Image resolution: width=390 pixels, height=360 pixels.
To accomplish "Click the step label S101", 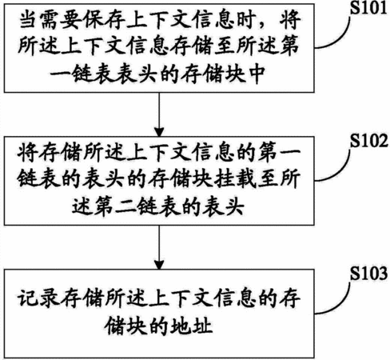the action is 368,8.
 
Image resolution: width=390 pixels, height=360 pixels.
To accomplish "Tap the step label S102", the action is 369,141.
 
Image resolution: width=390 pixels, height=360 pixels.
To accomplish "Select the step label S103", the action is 369,273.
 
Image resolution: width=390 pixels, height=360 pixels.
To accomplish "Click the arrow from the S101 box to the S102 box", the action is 159,114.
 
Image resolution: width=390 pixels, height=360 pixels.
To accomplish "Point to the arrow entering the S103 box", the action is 159,247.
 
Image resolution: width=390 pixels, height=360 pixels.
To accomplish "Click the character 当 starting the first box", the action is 28,20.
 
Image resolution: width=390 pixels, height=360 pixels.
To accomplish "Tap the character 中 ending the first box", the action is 257,74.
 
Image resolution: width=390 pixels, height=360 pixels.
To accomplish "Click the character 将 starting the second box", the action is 27,153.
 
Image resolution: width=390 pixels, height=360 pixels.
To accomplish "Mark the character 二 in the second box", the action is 125,206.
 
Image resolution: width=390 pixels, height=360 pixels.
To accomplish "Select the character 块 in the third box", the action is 137,326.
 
